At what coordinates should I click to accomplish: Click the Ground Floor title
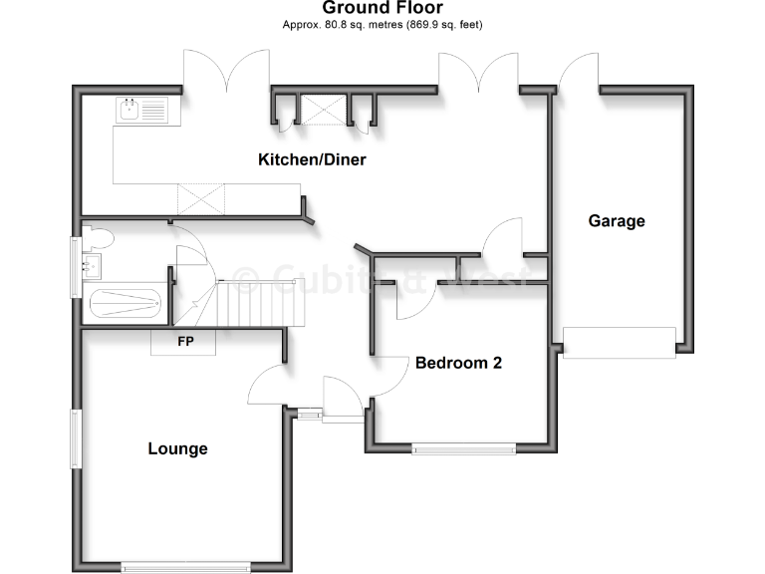pos(382,9)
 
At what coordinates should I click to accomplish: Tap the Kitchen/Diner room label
pos(312,159)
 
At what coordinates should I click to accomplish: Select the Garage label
pos(616,221)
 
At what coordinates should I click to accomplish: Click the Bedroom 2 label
pos(458,363)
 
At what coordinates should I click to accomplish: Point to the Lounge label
pos(177,448)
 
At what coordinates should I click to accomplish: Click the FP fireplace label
pos(184,342)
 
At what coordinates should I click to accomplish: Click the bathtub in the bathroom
pos(124,302)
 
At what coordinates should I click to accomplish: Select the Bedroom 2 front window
pos(464,448)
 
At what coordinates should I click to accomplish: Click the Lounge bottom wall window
pos(185,567)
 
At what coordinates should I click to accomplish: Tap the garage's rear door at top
pos(578,72)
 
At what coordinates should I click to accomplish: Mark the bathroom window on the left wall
pos(75,264)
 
